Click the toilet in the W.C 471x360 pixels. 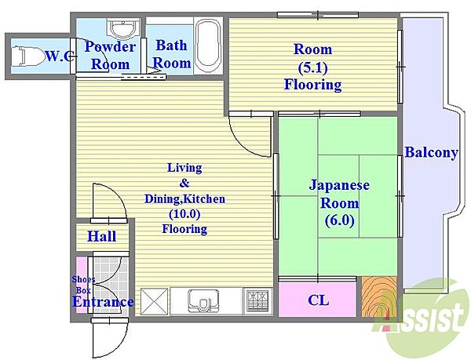click(x=29, y=56)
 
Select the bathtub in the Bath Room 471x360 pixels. click(x=208, y=45)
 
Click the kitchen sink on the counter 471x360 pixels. click(x=203, y=301)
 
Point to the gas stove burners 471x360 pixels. click(x=257, y=301)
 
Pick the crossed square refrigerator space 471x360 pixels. click(x=154, y=301)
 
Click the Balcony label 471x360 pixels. click(x=431, y=152)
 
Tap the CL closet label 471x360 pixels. click(x=318, y=300)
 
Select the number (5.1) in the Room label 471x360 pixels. click(x=312, y=67)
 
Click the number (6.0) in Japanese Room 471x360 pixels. click(x=339, y=221)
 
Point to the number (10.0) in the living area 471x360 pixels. click(x=184, y=214)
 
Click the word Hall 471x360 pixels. click(x=102, y=236)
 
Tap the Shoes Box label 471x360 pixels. click(x=83, y=285)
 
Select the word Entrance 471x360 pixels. click(x=103, y=302)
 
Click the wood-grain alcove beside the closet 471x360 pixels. click(x=379, y=296)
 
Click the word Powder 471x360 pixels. click(x=110, y=47)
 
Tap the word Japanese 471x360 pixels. click(x=339, y=185)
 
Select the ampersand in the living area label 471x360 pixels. click(x=184, y=183)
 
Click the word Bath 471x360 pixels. click(x=171, y=45)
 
